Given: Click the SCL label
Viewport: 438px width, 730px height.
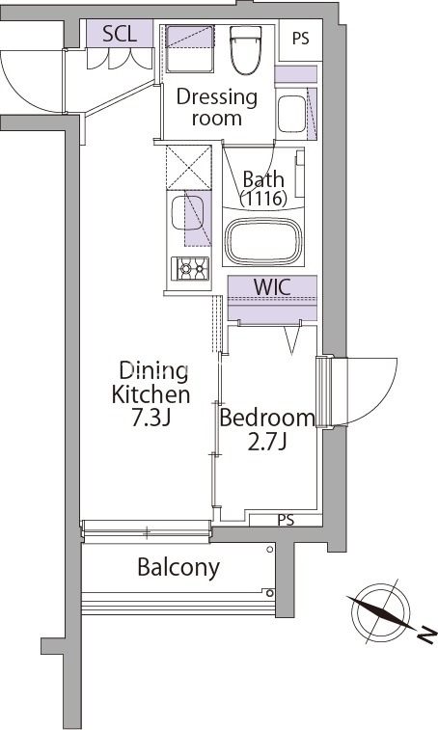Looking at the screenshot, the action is tap(120, 34).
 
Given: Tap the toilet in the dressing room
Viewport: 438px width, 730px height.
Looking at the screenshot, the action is tap(246, 50).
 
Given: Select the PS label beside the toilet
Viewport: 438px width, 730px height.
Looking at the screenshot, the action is tap(301, 39).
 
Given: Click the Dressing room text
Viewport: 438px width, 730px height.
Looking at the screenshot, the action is tap(217, 108).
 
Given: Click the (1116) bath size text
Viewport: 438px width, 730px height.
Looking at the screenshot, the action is tap(263, 199).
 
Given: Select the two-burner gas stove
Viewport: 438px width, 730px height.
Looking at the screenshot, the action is tap(190, 269).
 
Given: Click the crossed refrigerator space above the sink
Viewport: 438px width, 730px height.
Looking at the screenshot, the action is tap(189, 167).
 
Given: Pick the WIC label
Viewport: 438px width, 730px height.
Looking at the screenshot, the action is tap(272, 286).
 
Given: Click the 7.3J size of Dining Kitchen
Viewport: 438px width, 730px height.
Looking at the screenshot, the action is tap(151, 419).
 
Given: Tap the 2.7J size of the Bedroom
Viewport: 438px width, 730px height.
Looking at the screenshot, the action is tap(266, 443).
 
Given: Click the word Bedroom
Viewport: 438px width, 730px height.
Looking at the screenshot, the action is tap(267, 418).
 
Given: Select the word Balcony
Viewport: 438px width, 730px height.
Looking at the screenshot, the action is tap(178, 568).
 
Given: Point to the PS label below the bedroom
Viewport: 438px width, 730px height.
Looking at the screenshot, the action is tap(287, 520).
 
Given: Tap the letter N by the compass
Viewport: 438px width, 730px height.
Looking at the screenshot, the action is tap(426, 635).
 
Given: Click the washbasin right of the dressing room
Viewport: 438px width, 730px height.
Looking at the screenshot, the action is tap(291, 114).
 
